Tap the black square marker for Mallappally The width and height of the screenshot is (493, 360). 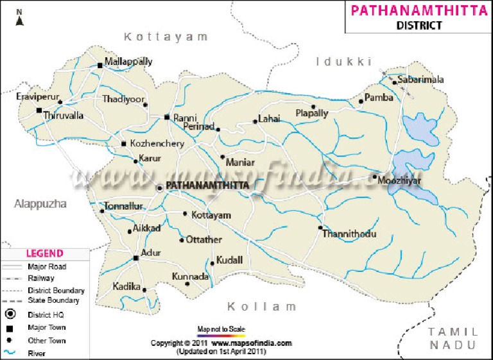pos(99,65)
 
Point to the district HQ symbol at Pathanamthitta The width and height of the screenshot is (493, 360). pos(160,187)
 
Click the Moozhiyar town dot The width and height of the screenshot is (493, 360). pos(374,176)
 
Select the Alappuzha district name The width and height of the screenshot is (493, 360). pos(40,203)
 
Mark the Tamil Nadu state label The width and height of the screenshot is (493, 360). pos(454,338)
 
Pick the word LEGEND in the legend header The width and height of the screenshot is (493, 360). pos(44,253)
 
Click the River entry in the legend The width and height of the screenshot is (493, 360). pos(36,353)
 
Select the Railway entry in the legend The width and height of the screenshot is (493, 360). pos(40,278)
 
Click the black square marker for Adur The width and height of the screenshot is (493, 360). pos(135,258)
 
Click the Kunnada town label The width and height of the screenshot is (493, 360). pos(191,277)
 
